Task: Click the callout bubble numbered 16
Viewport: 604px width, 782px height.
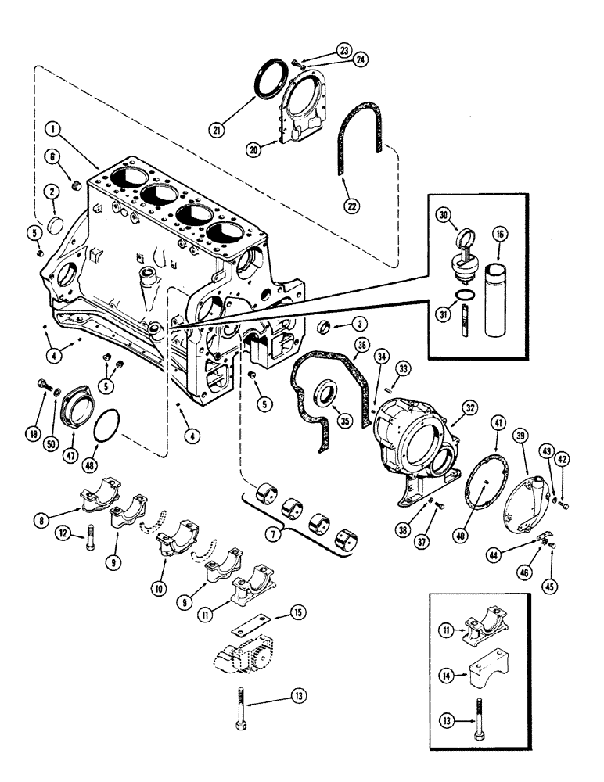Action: click(498, 233)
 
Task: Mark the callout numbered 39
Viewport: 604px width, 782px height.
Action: click(520, 435)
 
